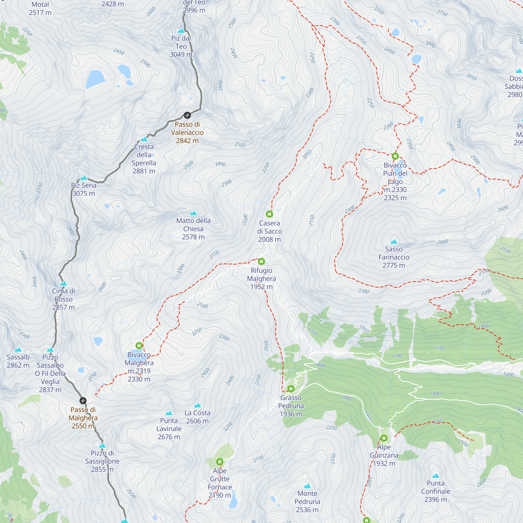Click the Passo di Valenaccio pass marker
point(187,116)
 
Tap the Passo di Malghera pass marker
point(83,400)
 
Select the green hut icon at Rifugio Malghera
point(261,261)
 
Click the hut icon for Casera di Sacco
point(269,214)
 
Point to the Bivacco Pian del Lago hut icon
point(395,156)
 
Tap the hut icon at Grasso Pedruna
point(291,389)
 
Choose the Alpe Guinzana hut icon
point(384,438)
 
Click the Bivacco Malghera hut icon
point(139,346)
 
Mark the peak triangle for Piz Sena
point(84,178)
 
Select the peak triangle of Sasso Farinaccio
point(394,241)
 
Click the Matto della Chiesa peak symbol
point(193,213)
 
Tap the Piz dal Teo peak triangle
point(181,31)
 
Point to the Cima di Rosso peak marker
point(64,283)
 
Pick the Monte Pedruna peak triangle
point(307,486)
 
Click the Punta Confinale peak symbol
point(436,476)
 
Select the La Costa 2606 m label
point(197,417)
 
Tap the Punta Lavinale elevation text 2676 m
point(169,437)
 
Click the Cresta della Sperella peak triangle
point(144,139)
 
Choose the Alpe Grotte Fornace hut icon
point(220,462)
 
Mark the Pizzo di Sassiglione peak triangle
point(102,445)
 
